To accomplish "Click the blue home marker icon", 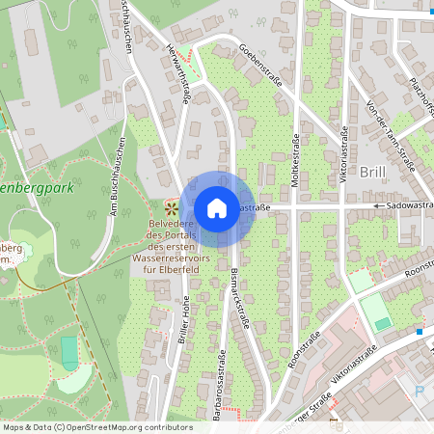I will (217, 207).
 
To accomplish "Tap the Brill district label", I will (372, 172).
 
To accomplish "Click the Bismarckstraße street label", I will (239, 300).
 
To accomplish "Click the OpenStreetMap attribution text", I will (97, 426).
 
